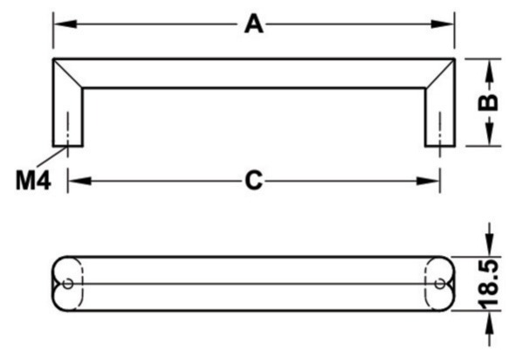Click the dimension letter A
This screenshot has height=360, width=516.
[254, 24]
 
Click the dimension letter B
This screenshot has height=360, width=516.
[488, 102]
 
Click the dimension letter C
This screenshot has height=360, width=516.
[254, 181]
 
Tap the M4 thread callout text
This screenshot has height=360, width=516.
[33, 181]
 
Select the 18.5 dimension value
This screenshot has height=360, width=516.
[488, 285]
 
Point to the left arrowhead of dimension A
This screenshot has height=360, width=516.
[65, 24]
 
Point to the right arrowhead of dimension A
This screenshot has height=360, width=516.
[443, 24]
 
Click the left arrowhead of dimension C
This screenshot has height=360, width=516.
[79, 181]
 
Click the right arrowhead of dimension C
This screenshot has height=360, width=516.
[428, 181]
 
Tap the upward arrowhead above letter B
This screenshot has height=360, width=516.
[490, 70]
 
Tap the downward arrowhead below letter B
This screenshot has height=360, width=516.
[490, 134]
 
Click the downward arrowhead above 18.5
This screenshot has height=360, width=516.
[490, 245]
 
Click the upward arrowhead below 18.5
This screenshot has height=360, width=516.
[490, 322]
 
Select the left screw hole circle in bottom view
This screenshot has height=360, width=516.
[68, 284]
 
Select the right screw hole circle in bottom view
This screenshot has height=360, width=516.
[440, 284]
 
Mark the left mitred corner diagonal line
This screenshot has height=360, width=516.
[68, 73]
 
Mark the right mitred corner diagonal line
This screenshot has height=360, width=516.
[440, 73]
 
